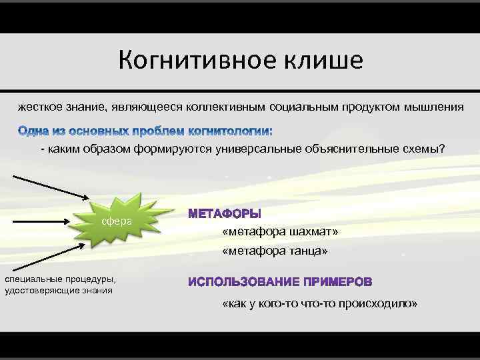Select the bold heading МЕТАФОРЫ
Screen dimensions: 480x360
(x=225, y=214)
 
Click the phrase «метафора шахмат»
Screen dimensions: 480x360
(x=281, y=231)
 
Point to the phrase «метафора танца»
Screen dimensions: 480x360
(x=275, y=251)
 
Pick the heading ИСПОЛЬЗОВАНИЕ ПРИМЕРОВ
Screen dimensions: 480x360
(x=280, y=282)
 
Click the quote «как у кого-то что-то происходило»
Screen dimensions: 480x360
(x=320, y=303)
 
